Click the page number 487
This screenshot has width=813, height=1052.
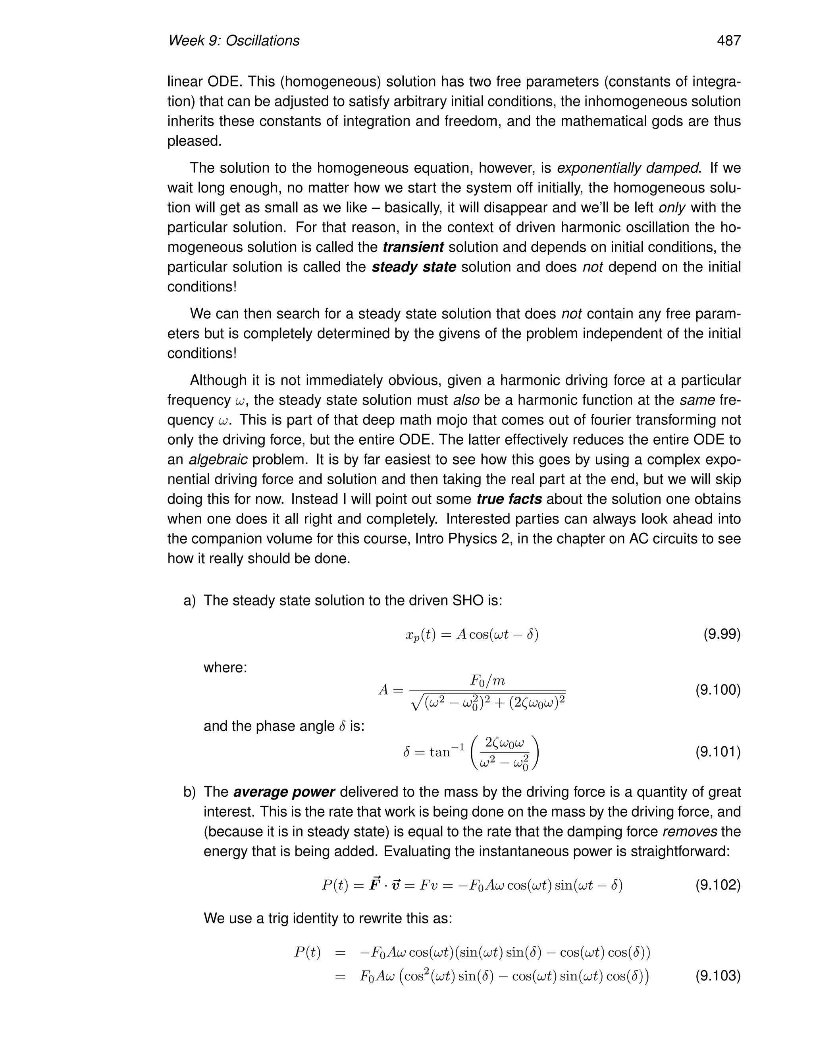[x=728, y=41]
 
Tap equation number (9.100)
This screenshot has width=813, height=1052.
[x=718, y=690]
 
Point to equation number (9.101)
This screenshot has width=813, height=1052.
[x=718, y=751]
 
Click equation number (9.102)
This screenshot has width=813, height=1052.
[x=718, y=885]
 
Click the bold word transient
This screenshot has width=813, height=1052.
[x=413, y=247]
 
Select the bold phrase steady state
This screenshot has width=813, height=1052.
[x=414, y=267]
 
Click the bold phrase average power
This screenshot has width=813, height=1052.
[x=284, y=792]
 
